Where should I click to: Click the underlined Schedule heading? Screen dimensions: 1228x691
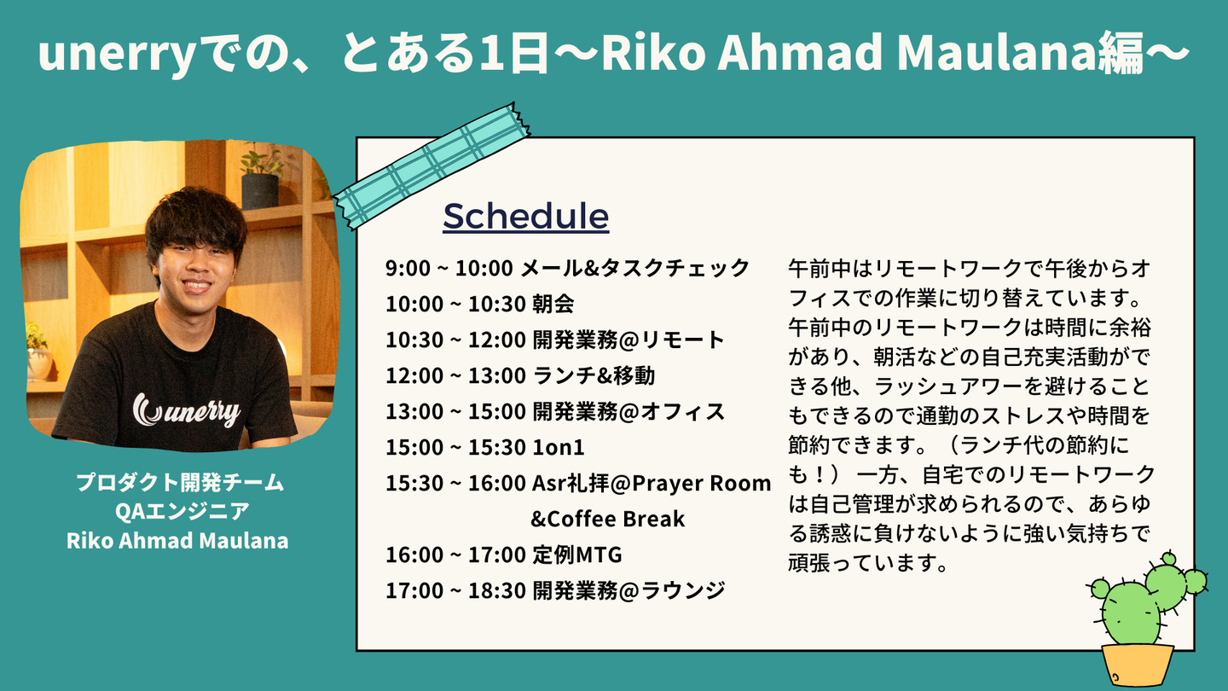click(525, 217)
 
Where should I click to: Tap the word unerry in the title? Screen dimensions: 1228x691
click(117, 53)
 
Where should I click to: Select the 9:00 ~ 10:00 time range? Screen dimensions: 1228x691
click(449, 268)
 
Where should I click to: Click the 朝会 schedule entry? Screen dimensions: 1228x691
click(553, 304)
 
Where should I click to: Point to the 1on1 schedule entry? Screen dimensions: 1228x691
click(558, 448)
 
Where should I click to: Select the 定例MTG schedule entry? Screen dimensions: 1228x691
click(577, 555)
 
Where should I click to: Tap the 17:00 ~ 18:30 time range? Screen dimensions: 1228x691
click(455, 590)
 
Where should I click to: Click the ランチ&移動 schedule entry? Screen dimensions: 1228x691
click(594, 375)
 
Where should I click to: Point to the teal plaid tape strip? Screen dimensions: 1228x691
click(432, 165)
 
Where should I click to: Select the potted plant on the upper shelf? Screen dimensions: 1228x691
click(260, 177)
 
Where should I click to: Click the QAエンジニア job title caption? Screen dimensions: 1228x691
click(182, 511)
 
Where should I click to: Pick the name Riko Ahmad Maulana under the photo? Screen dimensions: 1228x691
click(177, 541)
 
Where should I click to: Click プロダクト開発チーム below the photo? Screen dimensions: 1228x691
click(180, 482)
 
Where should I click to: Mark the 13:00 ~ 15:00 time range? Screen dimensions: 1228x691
click(455, 411)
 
